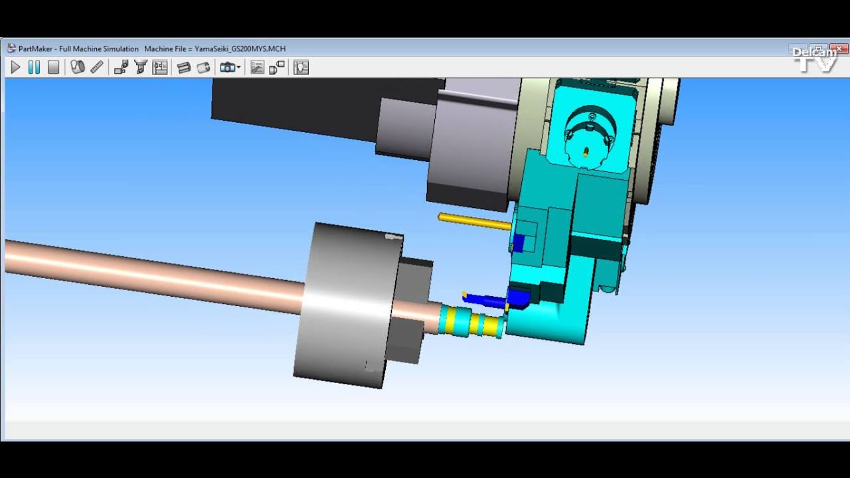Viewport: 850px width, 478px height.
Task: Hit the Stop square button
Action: [x=54, y=67]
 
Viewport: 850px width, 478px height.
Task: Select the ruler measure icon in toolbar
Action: [x=97, y=67]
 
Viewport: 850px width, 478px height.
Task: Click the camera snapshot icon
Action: [x=227, y=67]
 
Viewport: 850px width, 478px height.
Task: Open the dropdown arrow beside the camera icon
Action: [x=239, y=67]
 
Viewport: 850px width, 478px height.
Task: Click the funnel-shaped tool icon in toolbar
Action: [x=141, y=67]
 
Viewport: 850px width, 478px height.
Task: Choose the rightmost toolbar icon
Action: [x=301, y=67]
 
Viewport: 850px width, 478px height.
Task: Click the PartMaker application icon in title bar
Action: [x=11, y=48]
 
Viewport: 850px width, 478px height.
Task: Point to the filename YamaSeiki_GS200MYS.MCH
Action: [x=240, y=48]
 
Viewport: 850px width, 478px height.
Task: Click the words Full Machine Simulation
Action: [x=99, y=48]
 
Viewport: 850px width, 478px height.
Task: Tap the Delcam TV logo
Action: [x=815, y=59]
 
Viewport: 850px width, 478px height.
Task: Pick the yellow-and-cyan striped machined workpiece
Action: [x=472, y=323]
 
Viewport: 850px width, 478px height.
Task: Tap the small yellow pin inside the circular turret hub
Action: [x=585, y=153]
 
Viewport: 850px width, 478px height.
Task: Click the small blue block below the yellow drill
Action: [x=518, y=244]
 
